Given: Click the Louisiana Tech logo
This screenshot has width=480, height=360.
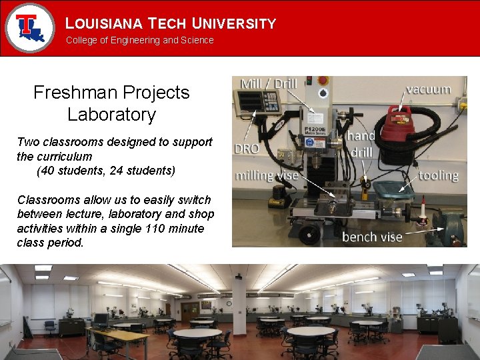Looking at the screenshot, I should click(x=29, y=27).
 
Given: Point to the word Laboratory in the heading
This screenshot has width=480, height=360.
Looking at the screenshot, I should click(x=111, y=115).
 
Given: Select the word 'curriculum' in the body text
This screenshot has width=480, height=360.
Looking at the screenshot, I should click(x=65, y=157).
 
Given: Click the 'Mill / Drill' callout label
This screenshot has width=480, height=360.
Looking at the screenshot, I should click(x=269, y=83).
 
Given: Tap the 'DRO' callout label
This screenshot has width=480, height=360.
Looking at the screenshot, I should click(x=247, y=149).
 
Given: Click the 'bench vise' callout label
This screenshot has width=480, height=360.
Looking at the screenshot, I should click(x=372, y=237).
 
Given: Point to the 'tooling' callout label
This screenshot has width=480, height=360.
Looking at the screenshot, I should click(x=438, y=175).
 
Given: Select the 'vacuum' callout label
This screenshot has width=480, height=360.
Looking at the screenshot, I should click(x=428, y=89).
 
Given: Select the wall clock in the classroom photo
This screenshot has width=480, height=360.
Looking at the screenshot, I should click(x=239, y=275).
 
